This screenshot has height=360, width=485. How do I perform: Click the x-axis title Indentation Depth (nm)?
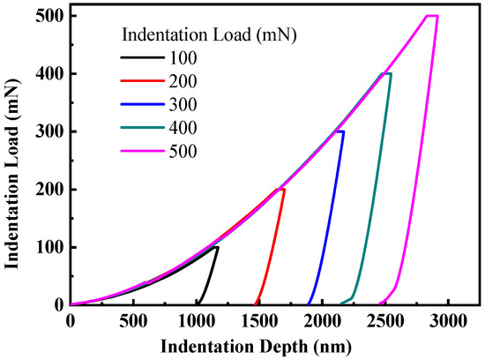click(x=260, y=345)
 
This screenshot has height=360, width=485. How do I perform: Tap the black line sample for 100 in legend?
click(x=141, y=59)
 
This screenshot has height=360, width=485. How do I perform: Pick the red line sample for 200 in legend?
click(x=141, y=82)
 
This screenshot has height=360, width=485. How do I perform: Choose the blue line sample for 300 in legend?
click(x=141, y=105)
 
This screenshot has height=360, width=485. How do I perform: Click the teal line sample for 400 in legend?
click(x=141, y=128)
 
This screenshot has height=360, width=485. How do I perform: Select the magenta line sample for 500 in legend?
click(x=141, y=151)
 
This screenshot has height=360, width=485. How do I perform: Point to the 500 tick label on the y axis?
click(x=50, y=16)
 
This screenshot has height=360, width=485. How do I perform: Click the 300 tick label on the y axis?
click(x=50, y=131)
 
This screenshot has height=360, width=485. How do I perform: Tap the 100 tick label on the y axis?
click(x=50, y=247)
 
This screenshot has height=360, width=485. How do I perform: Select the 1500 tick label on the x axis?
click(x=259, y=319)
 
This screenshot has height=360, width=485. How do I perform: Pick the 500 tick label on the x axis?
click(x=133, y=319)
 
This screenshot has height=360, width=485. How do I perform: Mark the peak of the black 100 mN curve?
click(x=216, y=247)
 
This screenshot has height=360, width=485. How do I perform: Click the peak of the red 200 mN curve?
click(x=281, y=189)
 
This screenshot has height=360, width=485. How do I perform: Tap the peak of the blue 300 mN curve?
click(x=341, y=131)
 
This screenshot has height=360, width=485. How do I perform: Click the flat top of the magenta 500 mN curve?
click(x=431, y=16)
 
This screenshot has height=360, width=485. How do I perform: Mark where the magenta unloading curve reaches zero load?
click(x=379, y=304)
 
